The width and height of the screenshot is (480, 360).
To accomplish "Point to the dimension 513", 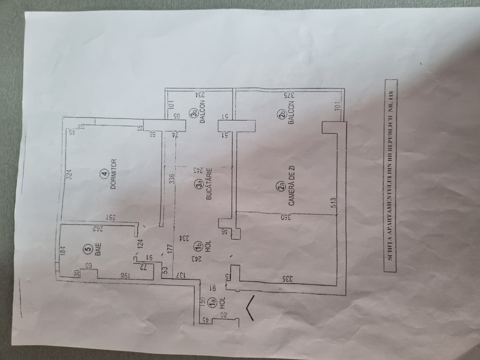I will click(x=332, y=202).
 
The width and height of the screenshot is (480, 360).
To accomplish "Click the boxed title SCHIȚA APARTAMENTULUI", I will click(x=390, y=175).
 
